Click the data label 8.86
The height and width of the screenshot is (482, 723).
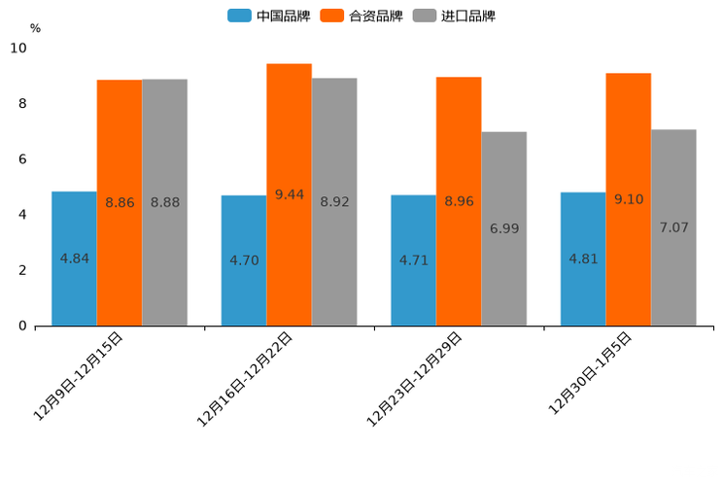(120, 203)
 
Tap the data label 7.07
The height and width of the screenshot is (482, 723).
(673, 227)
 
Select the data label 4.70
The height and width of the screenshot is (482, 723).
(244, 260)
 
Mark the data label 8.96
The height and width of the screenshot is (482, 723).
(459, 201)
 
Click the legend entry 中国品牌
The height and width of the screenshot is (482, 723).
(270, 16)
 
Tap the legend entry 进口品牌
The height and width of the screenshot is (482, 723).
(455, 16)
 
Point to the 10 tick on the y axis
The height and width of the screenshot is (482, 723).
(18, 49)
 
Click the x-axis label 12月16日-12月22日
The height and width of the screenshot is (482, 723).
(245, 378)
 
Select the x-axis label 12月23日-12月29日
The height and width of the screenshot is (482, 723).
(414, 378)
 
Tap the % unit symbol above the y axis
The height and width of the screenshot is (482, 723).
(35, 28)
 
